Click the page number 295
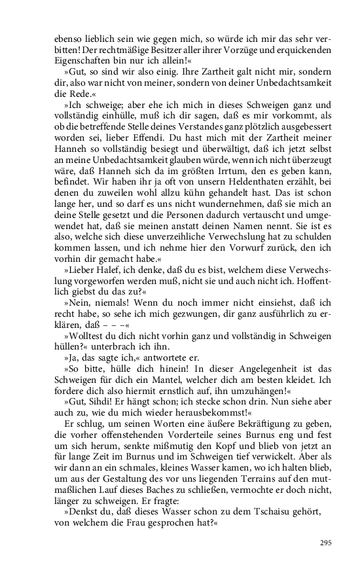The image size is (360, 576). click(x=326, y=543)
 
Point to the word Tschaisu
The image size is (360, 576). click(x=244, y=511)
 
